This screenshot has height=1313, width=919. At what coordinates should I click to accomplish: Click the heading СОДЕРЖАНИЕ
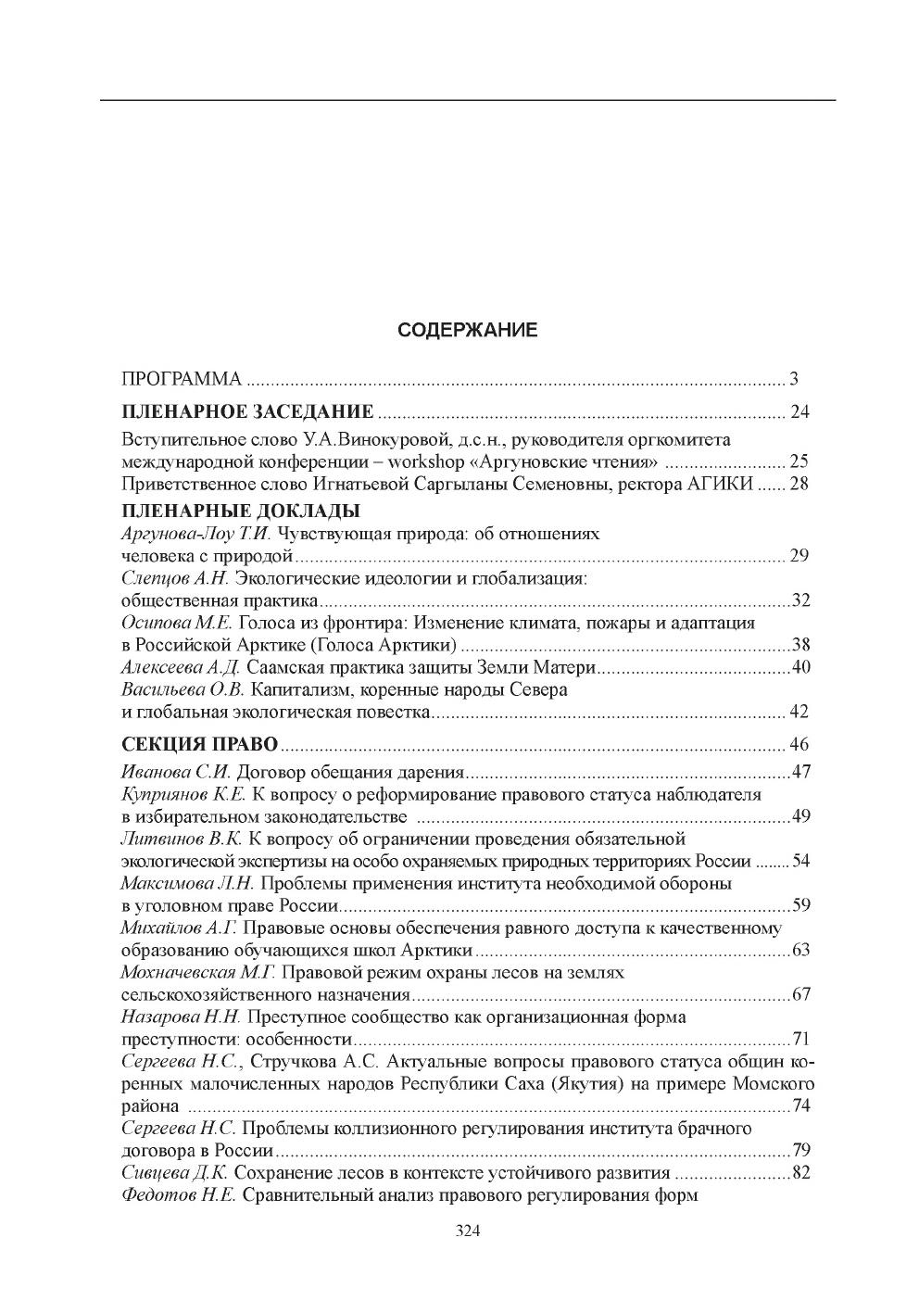(x=467, y=330)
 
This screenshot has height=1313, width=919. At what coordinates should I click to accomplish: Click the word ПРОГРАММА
(x=182, y=379)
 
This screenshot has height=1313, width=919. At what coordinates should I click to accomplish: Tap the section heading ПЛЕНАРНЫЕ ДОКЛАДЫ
(x=241, y=511)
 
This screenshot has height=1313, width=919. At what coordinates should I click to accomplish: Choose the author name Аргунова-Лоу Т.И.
(x=195, y=534)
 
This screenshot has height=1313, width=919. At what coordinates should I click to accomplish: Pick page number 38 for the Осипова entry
(x=800, y=645)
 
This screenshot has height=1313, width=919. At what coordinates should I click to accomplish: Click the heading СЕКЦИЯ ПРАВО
(x=200, y=744)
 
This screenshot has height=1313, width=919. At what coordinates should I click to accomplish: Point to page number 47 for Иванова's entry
(x=801, y=772)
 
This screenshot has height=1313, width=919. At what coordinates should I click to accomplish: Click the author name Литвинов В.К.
(x=182, y=839)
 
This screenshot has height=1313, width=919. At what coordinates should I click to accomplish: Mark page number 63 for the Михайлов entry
(x=801, y=951)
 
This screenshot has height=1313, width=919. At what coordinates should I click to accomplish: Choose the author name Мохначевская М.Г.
(x=199, y=973)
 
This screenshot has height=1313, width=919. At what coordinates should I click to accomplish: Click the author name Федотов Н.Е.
(x=178, y=1195)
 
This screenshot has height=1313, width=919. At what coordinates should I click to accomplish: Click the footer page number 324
(x=467, y=1231)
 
